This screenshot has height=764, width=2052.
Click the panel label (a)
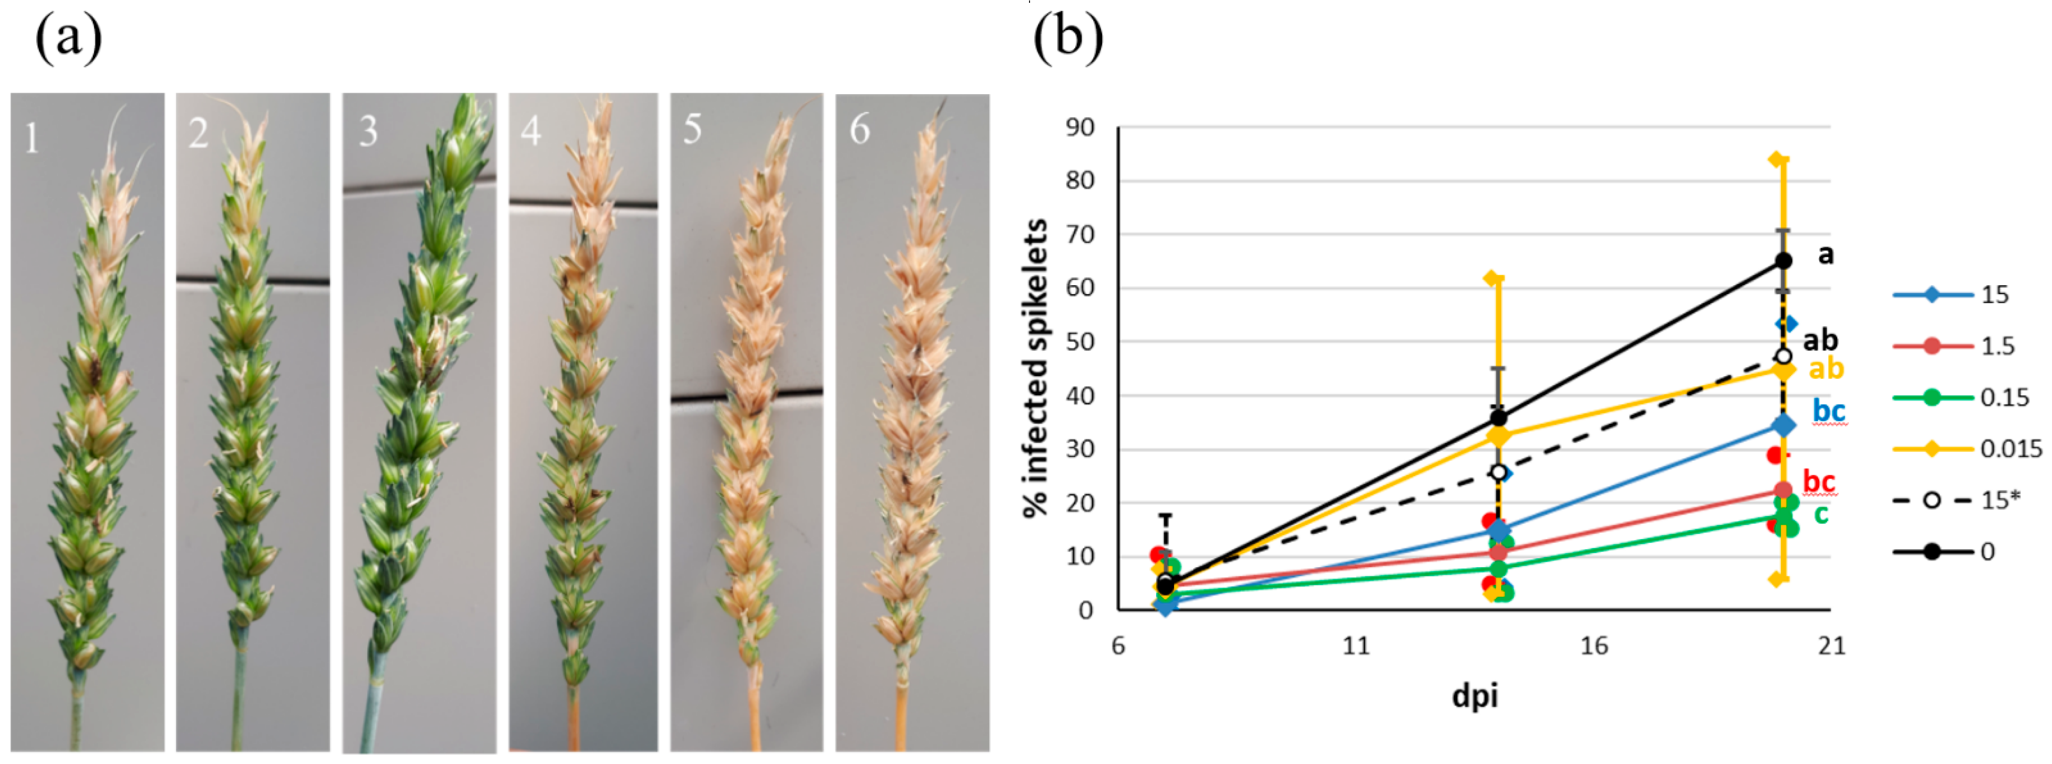(x=69, y=38)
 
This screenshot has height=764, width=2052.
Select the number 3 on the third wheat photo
(x=368, y=131)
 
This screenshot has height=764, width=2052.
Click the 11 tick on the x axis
(x=1356, y=645)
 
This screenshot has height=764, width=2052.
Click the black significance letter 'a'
(x=1826, y=254)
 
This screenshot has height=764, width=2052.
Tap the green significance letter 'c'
(x=1821, y=515)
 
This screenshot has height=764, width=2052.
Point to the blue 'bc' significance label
(x=1829, y=411)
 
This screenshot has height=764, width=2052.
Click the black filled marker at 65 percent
(x=1784, y=260)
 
